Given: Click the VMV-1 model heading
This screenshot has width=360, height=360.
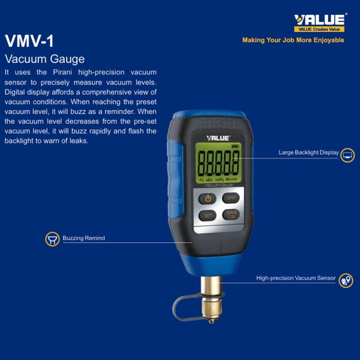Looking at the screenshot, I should click(x=29, y=41).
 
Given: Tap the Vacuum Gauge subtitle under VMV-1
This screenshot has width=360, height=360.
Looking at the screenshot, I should click(x=45, y=59).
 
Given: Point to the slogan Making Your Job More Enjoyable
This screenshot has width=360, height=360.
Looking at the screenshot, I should click(x=293, y=40).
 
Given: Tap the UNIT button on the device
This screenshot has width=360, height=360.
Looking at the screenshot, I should click(x=231, y=198).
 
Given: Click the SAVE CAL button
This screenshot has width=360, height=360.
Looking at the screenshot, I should click(x=231, y=215).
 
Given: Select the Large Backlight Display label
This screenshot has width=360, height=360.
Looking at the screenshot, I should click(x=309, y=153).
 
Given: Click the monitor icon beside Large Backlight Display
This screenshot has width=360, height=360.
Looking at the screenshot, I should click(x=347, y=155).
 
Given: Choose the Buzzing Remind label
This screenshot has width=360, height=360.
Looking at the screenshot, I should click(x=84, y=238).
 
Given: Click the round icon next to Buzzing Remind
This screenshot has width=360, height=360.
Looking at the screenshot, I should click(x=53, y=239).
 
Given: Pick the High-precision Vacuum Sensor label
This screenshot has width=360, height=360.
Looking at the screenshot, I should click(x=296, y=278).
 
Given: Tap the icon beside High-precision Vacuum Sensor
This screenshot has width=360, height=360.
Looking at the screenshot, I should click(x=346, y=281).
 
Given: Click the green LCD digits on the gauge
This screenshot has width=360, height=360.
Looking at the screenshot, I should click(x=219, y=162).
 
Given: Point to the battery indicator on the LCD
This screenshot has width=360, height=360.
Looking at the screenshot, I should click(x=235, y=146).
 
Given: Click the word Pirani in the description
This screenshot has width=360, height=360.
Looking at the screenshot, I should click(x=63, y=72).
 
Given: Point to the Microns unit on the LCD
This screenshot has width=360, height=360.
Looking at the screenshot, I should click(x=231, y=179).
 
